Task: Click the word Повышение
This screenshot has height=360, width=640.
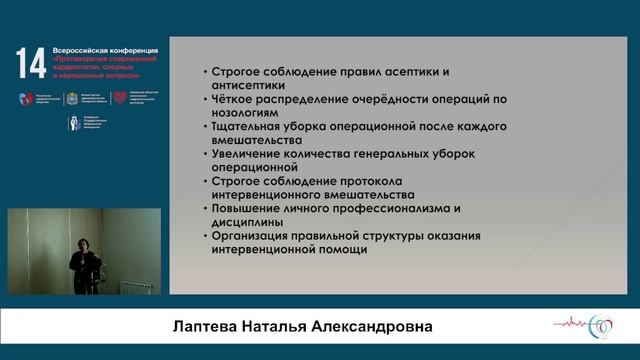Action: tap(249, 208)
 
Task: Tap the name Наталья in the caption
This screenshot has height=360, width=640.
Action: tap(282, 328)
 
